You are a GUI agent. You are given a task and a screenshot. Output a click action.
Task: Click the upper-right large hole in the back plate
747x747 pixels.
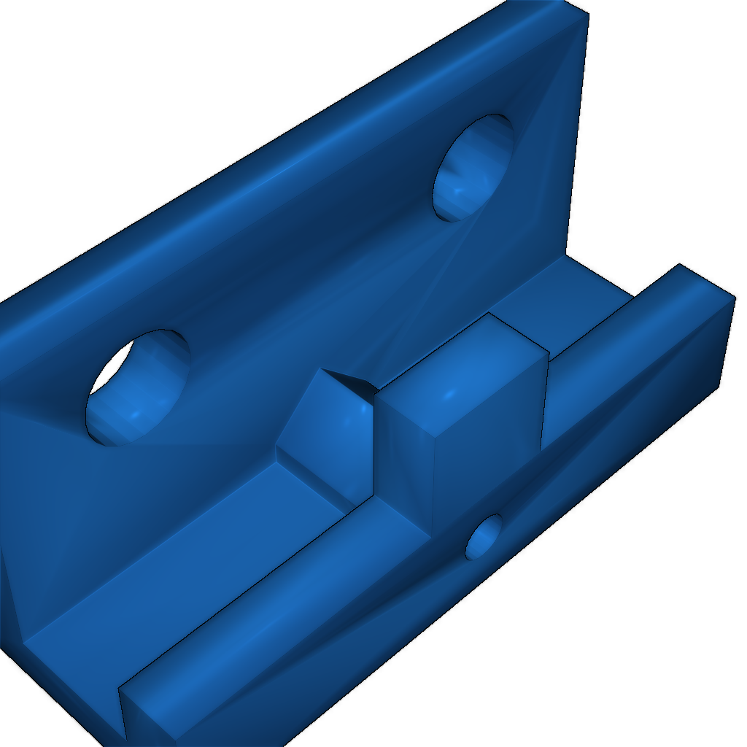click(473, 168)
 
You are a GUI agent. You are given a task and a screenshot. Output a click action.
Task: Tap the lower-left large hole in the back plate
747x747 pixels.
click(139, 387)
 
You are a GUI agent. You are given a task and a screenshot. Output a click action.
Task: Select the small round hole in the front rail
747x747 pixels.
click(484, 538)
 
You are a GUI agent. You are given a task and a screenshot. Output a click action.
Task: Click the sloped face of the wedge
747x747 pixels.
click(325, 430)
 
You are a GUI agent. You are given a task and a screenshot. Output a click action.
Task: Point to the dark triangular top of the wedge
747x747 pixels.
click(350, 383)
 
